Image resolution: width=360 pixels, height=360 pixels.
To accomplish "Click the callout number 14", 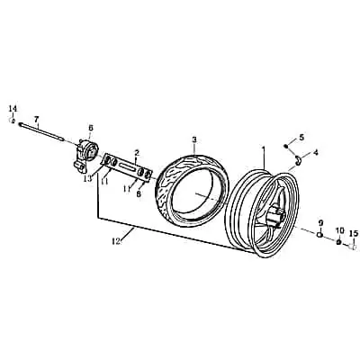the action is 13,108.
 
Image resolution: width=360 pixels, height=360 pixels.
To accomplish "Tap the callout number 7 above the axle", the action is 36,119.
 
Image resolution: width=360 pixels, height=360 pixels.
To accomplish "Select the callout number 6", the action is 91,128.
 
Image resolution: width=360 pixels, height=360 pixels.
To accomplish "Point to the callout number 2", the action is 137,153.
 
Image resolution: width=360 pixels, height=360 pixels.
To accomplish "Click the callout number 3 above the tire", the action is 194,139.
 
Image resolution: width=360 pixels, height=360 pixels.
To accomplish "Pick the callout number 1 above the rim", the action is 264,149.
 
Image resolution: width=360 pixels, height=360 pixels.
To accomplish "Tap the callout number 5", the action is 301,138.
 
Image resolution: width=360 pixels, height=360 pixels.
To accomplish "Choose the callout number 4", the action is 315,152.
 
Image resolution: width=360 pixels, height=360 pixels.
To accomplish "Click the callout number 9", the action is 320,223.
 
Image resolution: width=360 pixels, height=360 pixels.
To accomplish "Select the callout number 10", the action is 340,230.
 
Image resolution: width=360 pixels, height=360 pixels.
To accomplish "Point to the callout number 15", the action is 354,232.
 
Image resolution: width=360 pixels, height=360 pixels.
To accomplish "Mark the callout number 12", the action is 116,240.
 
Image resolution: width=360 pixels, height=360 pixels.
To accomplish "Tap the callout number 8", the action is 139,194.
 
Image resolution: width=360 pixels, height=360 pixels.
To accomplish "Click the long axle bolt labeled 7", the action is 41,131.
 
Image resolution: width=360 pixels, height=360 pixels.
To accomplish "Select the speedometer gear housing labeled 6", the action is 86,156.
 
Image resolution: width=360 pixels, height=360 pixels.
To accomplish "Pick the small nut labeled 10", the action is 338,242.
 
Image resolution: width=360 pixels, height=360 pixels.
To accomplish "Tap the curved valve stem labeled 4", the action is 298,160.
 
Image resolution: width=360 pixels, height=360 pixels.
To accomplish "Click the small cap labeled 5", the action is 286,146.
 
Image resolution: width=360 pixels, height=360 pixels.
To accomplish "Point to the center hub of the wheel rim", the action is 276,217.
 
